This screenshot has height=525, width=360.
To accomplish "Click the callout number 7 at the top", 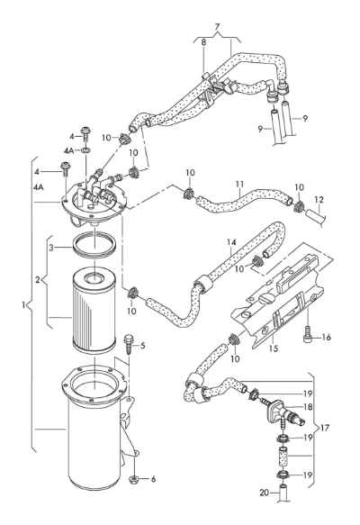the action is (217, 27).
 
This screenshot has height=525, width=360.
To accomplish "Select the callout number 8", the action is (203, 42).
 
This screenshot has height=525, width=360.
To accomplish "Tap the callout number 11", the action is (239, 184).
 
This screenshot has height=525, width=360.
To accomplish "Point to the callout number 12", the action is (319, 200).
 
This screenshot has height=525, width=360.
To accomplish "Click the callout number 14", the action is (231, 241).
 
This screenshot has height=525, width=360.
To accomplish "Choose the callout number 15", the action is (274, 348).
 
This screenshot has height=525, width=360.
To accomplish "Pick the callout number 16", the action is (326, 337).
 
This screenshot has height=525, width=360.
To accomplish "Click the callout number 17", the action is (325, 428).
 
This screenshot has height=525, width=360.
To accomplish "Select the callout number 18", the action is (308, 407).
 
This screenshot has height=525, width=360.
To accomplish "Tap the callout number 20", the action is (265, 493).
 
